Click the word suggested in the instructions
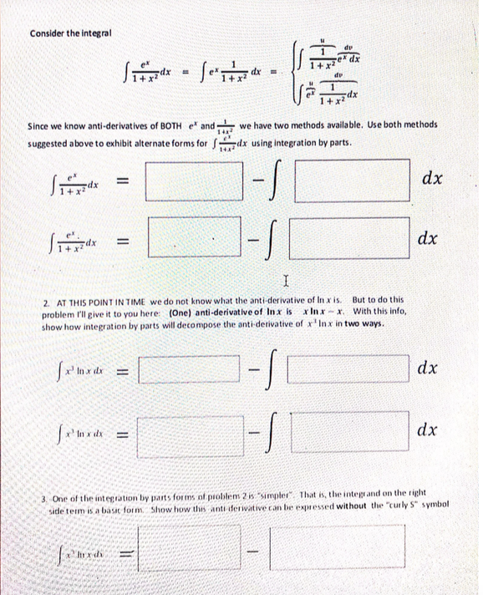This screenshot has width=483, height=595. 52,140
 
